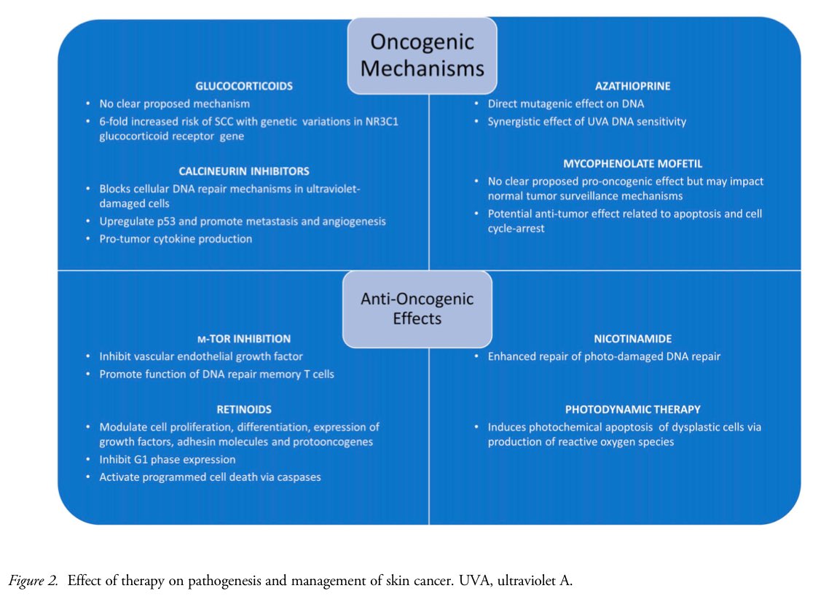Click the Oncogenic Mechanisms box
(423, 55)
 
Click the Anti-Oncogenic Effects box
(418, 308)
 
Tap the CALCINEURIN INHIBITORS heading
(244, 171)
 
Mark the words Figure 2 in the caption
(34, 581)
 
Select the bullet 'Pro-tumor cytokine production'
(176, 239)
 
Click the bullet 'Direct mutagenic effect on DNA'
(565, 104)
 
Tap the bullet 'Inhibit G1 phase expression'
(167, 459)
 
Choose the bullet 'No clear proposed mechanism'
(174, 104)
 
